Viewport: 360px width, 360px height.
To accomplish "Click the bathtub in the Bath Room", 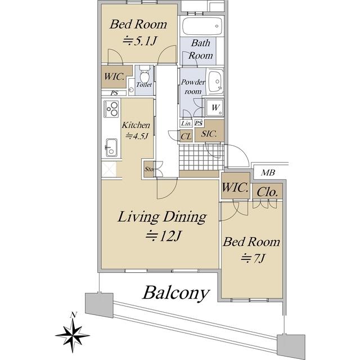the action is pos(202,26).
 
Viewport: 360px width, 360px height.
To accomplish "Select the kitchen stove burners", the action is pos(111,109).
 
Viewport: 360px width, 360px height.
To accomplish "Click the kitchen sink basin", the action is pos(111,147).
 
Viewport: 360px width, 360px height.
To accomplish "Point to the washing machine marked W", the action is pos(215,107).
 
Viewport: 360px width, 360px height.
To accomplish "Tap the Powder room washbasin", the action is pos(215,82).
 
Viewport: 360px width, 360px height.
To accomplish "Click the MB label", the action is pos(268,173).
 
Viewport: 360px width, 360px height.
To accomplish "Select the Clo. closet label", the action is pos(268,192).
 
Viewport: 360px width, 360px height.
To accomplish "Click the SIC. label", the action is pos(209,134).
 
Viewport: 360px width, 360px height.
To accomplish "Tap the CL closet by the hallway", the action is pos(186,136).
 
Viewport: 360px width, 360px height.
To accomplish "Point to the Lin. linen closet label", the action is pos(186,123).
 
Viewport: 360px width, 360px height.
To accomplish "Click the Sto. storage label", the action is pos(149,169).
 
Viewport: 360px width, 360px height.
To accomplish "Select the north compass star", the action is pos(73,335).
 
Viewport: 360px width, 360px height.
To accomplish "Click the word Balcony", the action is pos(176,293).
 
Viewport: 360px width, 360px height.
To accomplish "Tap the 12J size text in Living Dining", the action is pos(164,236).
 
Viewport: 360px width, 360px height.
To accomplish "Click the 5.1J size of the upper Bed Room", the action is pos(139,41).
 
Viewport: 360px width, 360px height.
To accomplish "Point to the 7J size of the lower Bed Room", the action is pos(253,258).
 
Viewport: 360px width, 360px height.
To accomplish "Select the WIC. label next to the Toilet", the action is pos(114,76).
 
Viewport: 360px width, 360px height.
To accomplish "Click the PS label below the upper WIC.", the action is pos(114,93).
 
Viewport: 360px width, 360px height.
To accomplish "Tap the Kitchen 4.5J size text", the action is pos(136,136).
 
